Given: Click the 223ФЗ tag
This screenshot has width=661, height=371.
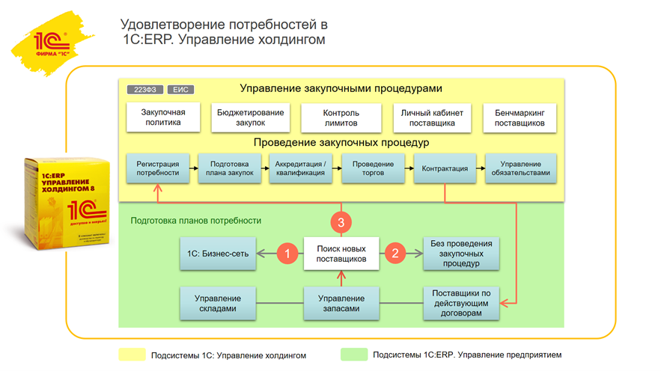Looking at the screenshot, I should tap(144, 90).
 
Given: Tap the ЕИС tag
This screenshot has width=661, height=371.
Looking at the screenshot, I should tap(180, 90).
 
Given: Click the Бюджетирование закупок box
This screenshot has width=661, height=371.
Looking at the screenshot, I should tap(250, 117).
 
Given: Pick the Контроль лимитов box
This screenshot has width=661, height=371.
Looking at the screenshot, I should tap(341, 117).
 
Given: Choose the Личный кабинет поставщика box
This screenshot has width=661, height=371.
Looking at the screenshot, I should tap(432, 117).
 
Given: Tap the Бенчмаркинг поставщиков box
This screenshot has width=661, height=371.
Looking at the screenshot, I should tap(520, 117).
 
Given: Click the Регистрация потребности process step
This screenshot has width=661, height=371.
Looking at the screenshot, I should tap(157, 168).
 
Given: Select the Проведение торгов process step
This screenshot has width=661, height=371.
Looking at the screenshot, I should tap(373, 168).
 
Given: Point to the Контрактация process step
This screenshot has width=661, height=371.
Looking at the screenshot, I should tap(445, 168).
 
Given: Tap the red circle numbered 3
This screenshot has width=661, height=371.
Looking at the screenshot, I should tap(341, 222).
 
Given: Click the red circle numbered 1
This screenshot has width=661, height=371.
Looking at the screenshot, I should tap(287, 254).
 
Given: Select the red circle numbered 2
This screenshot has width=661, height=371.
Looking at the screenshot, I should tap(395, 254).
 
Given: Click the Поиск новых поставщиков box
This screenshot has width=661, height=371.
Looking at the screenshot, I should tap(341, 254).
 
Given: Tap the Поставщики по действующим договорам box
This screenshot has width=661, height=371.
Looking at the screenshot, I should tap(460, 303).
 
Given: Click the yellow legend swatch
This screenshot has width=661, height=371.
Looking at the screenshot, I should tap(132, 355).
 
